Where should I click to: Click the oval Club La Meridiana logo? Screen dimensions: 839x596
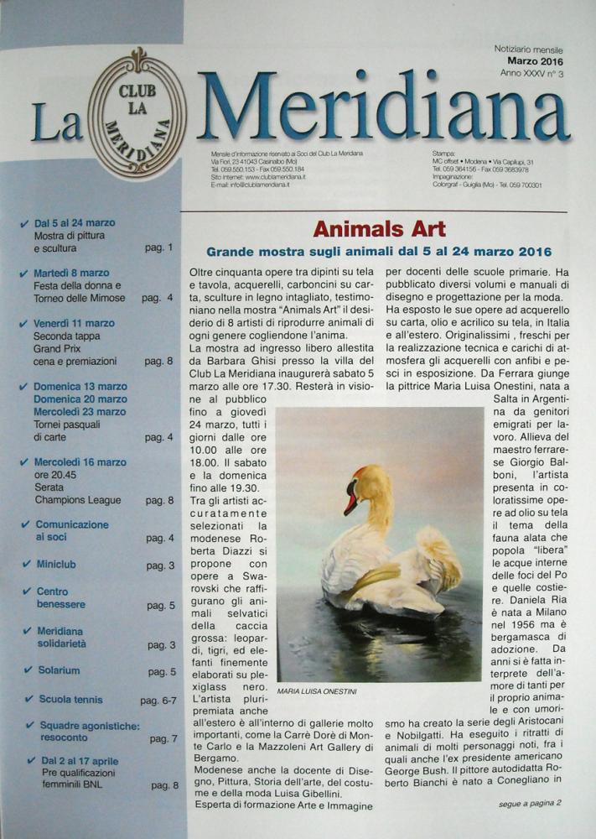(138, 113)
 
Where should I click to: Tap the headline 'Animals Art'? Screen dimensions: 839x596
(379, 229)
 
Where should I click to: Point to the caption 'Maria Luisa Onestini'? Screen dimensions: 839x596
(316, 691)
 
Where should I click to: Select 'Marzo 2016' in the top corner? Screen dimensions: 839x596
(534, 61)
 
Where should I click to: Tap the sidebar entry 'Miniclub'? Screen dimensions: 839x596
(56, 565)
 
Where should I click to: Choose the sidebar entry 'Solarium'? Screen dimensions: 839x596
(59, 670)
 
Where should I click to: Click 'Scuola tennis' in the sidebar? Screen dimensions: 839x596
(70, 699)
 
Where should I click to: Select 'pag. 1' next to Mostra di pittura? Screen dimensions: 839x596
(158, 248)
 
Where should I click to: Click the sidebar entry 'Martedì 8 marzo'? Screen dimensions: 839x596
(71, 273)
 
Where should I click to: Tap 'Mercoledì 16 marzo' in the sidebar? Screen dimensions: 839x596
(80, 462)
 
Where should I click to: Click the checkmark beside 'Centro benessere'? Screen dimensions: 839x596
(27, 592)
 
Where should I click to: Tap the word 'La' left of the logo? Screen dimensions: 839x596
(57, 122)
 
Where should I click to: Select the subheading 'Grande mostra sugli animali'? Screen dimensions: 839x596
(379, 252)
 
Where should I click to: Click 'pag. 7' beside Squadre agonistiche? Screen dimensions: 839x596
(163, 738)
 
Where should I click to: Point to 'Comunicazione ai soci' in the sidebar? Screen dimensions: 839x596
(71, 530)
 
